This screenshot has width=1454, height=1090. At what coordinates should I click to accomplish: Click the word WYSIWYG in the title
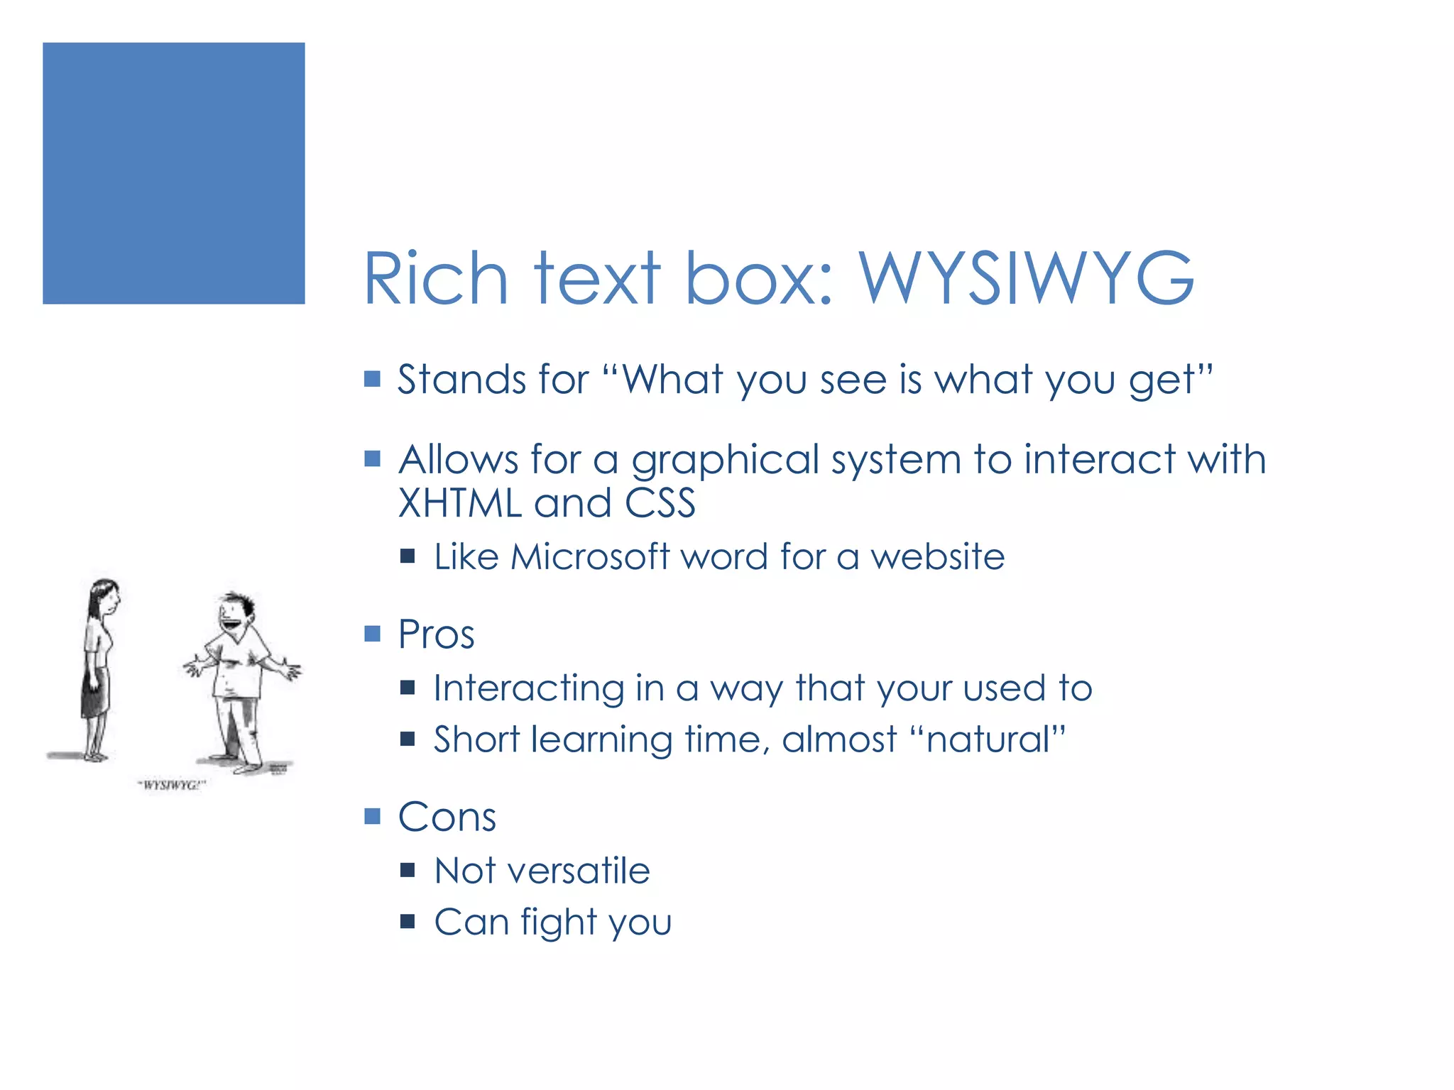click(x=1027, y=278)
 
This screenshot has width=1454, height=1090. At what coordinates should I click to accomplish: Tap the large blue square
click(x=174, y=174)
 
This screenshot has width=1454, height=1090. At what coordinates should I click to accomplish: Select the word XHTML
click(x=460, y=503)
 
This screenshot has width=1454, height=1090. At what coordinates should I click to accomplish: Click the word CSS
click(x=660, y=503)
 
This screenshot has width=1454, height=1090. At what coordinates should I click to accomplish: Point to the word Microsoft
click(x=590, y=556)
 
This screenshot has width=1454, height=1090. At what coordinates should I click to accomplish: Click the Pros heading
click(x=436, y=634)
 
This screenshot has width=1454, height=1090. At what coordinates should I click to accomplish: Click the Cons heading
click(x=447, y=817)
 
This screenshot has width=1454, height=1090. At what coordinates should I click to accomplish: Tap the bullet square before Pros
click(x=373, y=633)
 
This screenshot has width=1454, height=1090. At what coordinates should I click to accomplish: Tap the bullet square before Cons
click(x=373, y=816)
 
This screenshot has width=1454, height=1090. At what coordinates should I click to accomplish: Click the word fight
click(x=559, y=923)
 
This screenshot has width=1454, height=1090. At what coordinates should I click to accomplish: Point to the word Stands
click(x=459, y=379)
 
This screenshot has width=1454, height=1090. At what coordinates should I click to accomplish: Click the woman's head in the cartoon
click(x=104, y=598)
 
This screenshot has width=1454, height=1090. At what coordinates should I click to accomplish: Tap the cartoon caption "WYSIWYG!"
click(x=171, y=785)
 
